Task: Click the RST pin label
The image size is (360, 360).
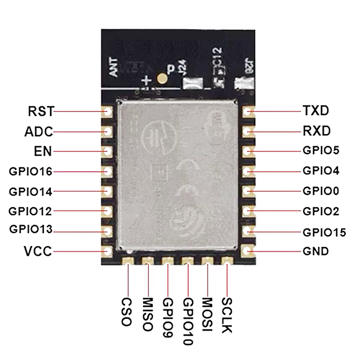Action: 40,111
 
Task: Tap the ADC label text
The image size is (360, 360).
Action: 39,131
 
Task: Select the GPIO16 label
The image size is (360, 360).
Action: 30,171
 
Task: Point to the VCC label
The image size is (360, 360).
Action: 38,251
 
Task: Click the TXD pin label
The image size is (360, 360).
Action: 316,111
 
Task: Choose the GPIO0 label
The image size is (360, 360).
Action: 321,191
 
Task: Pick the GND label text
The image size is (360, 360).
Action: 316,251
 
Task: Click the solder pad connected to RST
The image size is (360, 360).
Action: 107,112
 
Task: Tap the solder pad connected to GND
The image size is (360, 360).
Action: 248,251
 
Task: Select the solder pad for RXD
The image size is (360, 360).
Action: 248,131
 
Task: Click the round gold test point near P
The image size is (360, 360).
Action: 163,79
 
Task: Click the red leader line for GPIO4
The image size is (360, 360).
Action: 274,171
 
